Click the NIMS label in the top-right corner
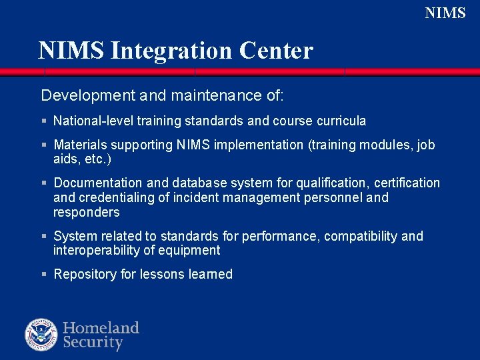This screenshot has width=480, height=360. [445, 13]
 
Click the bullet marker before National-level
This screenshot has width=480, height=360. [43, 121]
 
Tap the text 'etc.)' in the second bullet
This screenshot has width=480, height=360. [97, 160]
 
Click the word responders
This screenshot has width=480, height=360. [87, 213]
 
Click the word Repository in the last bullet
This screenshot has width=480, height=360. [85, 275]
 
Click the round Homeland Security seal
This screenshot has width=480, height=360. [41, 335]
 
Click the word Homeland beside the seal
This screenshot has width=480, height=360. [101, 328]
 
